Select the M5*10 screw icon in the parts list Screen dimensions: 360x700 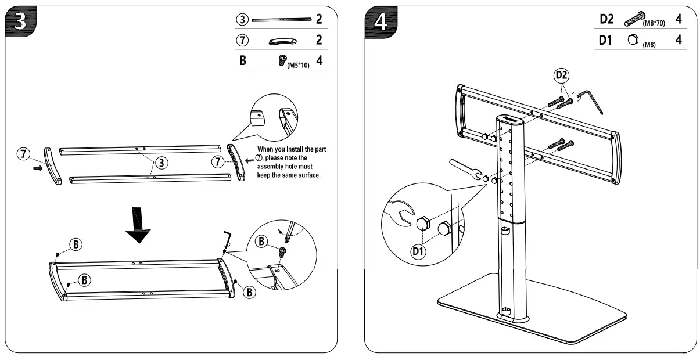283,59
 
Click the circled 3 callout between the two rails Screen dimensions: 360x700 164,162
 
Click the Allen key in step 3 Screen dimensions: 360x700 228,239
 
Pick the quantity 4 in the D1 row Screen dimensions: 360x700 679,40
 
